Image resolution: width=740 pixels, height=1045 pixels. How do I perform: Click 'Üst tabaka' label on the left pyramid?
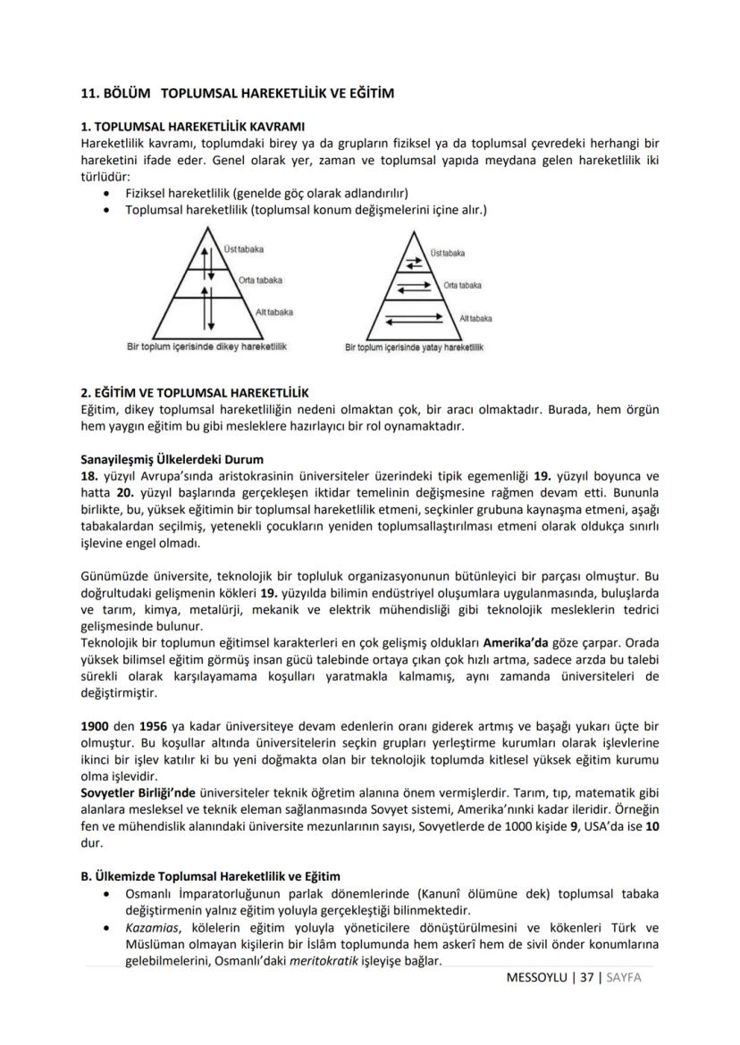point(244,248)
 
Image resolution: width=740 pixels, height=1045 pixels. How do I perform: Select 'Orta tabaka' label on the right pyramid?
point(462,285)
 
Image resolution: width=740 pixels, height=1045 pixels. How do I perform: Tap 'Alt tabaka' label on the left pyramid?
point(273,312)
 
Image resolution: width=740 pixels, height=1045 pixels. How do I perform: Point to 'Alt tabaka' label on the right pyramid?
point(475,318)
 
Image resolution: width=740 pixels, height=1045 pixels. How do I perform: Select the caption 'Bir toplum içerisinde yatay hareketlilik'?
point(414,347)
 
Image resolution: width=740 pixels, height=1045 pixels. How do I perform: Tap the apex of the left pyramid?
point(206,229)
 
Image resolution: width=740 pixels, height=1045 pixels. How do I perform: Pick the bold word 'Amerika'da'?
point(517,642)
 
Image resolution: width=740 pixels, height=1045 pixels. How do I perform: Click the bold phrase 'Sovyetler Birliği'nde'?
point(139,792)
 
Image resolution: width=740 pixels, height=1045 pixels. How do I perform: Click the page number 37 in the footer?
point(585,977)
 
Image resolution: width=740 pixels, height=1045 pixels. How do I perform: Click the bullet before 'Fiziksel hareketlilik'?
point(107,192)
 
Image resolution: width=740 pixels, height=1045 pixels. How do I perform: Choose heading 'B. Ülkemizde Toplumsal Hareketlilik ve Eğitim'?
point(211,876)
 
